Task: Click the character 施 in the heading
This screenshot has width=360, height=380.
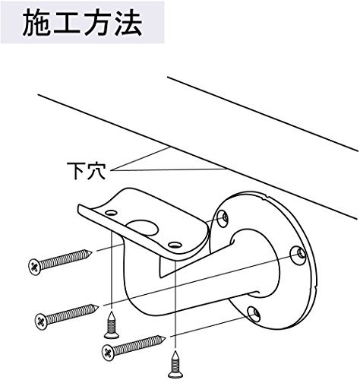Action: pyautogui.click(x=39, y=26)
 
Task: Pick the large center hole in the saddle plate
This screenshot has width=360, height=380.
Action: pyautogui.click(x=144, y=228)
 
